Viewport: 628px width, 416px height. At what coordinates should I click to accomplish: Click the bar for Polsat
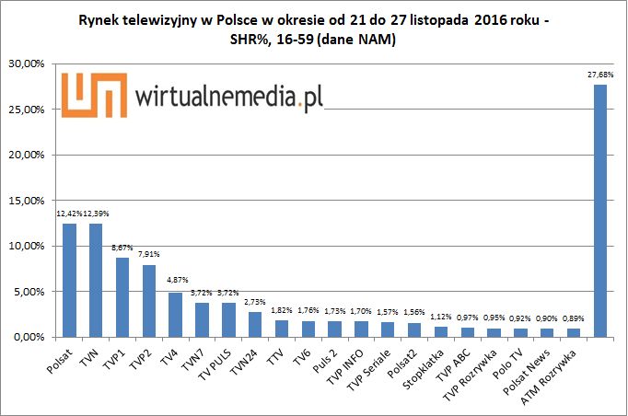click(x=69, y=281)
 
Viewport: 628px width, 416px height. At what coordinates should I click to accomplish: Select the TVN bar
click(x=96, y=281)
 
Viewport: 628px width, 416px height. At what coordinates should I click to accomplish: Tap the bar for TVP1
click(x=122, y=298)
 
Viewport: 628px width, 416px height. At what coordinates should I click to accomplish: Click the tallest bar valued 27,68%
click(x=599, y=212)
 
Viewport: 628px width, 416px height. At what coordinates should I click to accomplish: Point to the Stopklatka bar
click(x=440, y=332)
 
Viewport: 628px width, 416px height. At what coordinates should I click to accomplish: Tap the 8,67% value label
click(x=122, y=248)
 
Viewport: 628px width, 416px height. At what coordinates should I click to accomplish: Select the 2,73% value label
click(x=255, y=301)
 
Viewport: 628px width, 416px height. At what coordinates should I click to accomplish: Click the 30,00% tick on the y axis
click(x=28, y=64)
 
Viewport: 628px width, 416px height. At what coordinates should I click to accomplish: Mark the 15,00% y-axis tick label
click(x=28, y=201)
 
